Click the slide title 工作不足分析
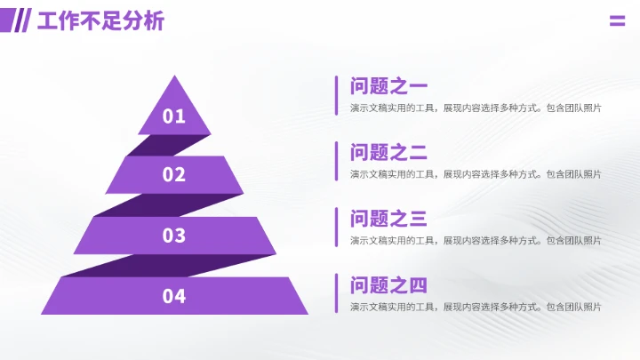tap(100, 20)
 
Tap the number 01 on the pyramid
tap(174, 116)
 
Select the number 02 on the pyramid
tap(174, 174)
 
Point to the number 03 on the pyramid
tap(174, 236)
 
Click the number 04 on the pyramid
tap(174, 296)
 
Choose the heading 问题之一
tap(388, 86)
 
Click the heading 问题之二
tap(388, 152)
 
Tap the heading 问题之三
tap(388, 219)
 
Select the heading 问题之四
tap(388, 285)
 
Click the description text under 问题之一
tap(476, 108)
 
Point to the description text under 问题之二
tap(476, 174)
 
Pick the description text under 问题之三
tap(476, 240)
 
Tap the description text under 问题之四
tap(476, 307)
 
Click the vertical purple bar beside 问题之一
tap(336, 95)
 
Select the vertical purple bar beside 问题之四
tap(336, 293)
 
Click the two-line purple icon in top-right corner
tap(617, 20)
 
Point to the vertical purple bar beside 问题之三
tap(336, 227)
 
